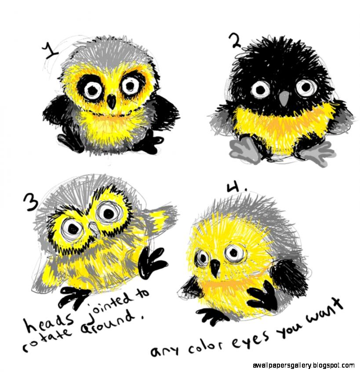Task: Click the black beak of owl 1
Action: click(x=112, y=102)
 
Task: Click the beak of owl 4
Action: click(x=215, y=267)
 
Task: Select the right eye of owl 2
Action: click(x=306, y=87)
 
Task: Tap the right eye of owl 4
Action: click(x=233, y=252)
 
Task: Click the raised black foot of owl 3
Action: click(x=152, y=263)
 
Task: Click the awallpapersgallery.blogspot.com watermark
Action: click(x=304, y=365)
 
